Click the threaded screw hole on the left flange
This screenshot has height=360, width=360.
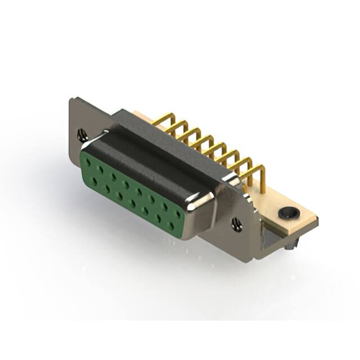(x=82, y=134)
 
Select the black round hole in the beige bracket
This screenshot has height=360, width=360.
(x=288, y=213)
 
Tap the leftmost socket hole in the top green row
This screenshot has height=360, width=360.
(x=88, y=162)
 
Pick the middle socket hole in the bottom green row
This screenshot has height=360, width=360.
(x=133, y=203)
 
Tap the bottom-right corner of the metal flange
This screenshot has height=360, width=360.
(x=256, y=259)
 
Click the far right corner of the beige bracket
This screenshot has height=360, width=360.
(x=317, y=220)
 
